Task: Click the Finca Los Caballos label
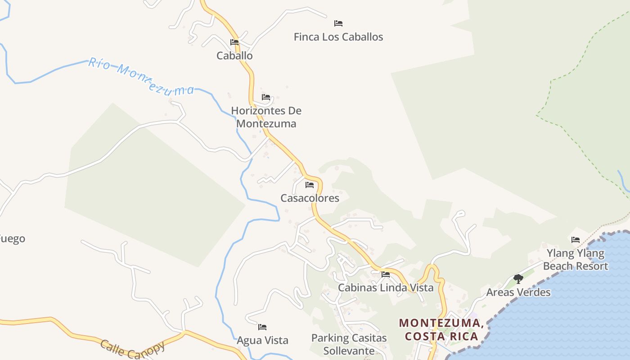338,37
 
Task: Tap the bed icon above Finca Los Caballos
338,23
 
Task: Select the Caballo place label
234,56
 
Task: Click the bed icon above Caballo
234,42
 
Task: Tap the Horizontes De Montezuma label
266,117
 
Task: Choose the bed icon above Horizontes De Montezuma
266,97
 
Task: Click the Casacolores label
310,198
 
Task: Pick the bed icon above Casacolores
310,185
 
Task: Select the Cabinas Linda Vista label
386,288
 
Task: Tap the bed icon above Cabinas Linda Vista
386,274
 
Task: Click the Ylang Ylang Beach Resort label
576,260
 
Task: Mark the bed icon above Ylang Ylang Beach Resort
576,240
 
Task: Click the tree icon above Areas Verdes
518,279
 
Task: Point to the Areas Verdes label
518,292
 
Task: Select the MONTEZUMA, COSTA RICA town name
441,329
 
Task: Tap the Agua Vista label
262,341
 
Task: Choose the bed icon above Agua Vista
262,327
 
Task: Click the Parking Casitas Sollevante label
349,344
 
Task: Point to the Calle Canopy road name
132,349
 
